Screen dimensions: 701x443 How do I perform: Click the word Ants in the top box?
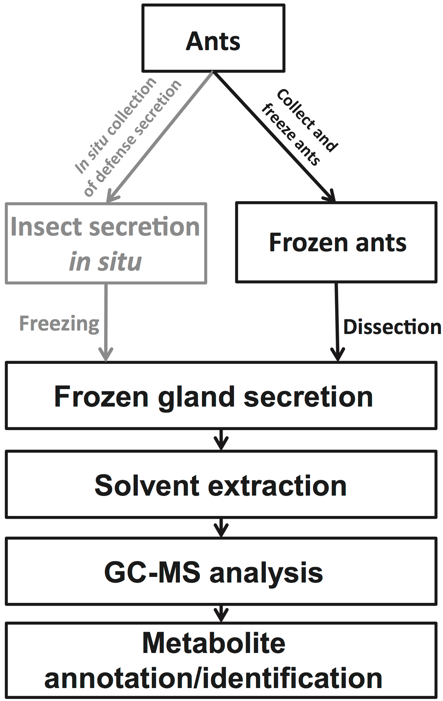[213, 42]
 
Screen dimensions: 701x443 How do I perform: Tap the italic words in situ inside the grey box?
[105, 261]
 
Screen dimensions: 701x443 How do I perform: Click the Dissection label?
[392, 327]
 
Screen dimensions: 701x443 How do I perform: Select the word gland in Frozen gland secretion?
[196, 397]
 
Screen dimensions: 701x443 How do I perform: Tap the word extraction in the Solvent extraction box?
[277, 486]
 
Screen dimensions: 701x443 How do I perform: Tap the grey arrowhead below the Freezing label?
[106, 354]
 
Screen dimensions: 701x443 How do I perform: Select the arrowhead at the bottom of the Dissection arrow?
[337, 354]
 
